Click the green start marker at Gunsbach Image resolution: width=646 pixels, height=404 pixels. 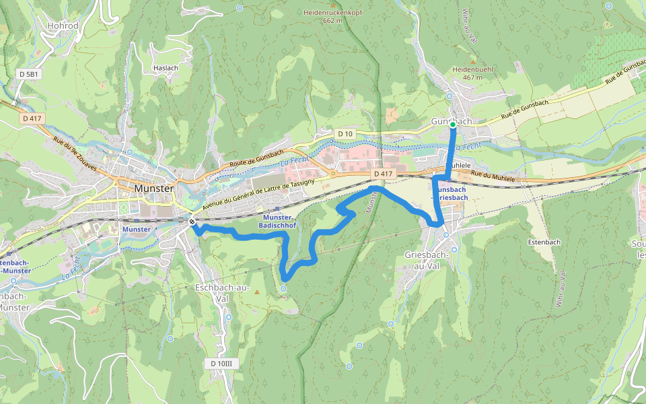453,125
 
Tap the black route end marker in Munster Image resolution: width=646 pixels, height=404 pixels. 192,222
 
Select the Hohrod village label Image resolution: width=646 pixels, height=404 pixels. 63,26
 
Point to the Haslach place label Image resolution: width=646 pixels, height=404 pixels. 166,68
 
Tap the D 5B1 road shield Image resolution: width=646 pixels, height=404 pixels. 30,73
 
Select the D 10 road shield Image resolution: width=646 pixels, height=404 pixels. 345,134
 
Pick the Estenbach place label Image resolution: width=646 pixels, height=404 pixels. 544,241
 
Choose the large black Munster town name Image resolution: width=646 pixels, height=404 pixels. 154,189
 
